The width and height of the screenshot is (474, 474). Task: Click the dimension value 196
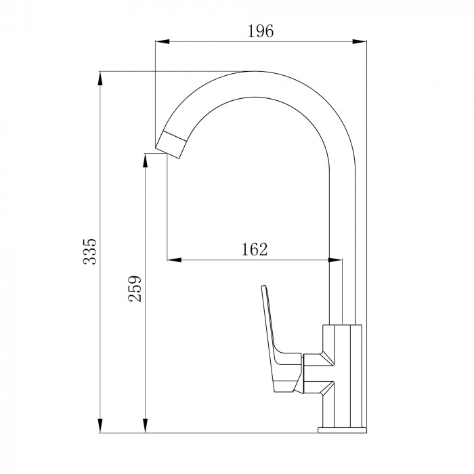tap(261, 31)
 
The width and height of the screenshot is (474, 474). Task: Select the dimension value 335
tap(90, 252)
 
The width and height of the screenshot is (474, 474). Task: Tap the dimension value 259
tap(135, 288)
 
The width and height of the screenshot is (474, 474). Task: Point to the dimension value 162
tap(255, 249)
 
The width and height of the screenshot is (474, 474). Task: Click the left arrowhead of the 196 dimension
tap(162, 41)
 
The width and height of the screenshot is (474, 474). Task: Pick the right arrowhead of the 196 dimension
tap(360, 41)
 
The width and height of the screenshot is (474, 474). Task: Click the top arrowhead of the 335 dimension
tap(100, 79)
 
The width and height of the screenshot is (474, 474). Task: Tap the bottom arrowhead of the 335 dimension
tap(100, 426)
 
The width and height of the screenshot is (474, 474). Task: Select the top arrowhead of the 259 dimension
tap(145, 160)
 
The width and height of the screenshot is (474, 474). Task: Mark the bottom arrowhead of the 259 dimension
tap(145, 426)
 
